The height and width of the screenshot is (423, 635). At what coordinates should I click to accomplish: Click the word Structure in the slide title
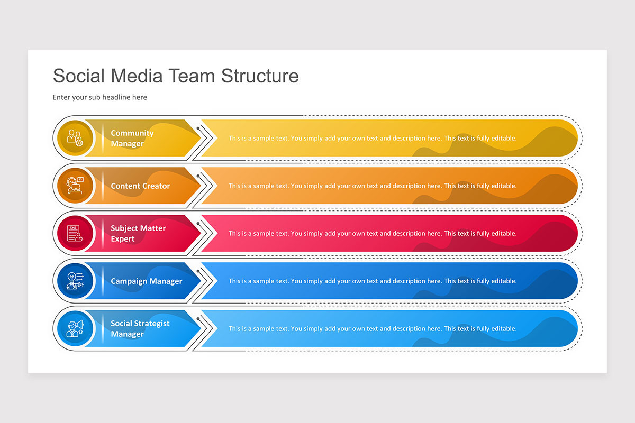(x=260, y=76)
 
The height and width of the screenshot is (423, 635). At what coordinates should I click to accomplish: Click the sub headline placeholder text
(x=100, y=97)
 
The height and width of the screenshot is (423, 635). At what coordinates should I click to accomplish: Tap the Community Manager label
(x=132, y=139)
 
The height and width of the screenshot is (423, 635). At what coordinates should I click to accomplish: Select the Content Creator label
(x=140, y=186)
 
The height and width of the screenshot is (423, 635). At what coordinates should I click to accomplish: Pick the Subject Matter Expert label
(x=138, y=234)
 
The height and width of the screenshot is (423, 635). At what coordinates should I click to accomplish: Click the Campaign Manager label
(x=146, y=281)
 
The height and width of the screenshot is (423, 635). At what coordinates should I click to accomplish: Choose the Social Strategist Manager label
(x=140, y=329)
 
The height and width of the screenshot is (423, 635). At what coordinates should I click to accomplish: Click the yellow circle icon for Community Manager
(x=75, y=139)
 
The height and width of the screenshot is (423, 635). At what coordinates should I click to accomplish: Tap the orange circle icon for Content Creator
(x=75, y=186)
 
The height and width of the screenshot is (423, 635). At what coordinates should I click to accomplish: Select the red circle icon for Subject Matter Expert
(x=75, y=234)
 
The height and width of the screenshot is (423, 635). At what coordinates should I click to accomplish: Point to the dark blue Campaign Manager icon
(x=75, y=281)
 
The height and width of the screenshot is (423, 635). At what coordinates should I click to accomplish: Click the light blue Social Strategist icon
(x=75, y=329)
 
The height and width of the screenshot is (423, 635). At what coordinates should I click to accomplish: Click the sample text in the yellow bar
(x=373, y=139)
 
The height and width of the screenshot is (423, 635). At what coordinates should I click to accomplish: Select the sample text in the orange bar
(x=373, y=186)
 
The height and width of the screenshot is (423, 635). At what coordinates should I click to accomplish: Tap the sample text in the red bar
(x=373, y=234)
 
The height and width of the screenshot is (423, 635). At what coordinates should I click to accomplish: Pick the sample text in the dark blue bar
(x=373, y=281)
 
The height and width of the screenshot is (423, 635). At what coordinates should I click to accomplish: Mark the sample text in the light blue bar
(x=373, y=329)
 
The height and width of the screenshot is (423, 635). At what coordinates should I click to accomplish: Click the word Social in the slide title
(x=79, y=76)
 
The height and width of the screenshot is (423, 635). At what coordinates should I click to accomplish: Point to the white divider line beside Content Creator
(x=103, y=186)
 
